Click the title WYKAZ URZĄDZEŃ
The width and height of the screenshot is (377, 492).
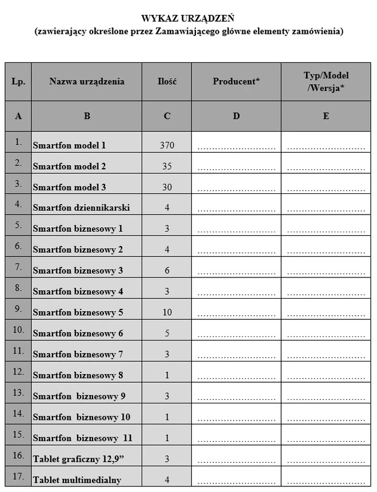click(x=188, y=19)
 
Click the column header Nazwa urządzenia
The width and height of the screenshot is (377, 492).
click(x=87, y=81)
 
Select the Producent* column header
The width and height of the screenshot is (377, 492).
click(x=236, y=81)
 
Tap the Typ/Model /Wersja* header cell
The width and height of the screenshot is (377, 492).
click(x=326, y=81)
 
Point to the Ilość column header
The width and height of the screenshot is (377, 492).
click(x=167, y=81)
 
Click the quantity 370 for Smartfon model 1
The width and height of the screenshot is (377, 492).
click(x=167, y=145)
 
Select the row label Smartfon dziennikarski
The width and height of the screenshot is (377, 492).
click(x=81, y=208)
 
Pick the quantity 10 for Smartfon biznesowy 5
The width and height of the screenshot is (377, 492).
click(x=167, y=312)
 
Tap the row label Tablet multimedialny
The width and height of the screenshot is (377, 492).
click(x=77, y=480)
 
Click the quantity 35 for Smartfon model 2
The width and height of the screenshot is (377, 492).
click(x=167, y=166)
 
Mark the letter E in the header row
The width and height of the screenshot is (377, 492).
click(x=326, y=116)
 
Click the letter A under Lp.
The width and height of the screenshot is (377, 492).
click(x=18, y=116)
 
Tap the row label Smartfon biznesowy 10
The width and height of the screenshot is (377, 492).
click(x=82, y=417)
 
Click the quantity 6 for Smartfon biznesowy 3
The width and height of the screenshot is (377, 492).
click(x=167, y=271)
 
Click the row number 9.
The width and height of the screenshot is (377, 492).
click(x=18, y=309)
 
